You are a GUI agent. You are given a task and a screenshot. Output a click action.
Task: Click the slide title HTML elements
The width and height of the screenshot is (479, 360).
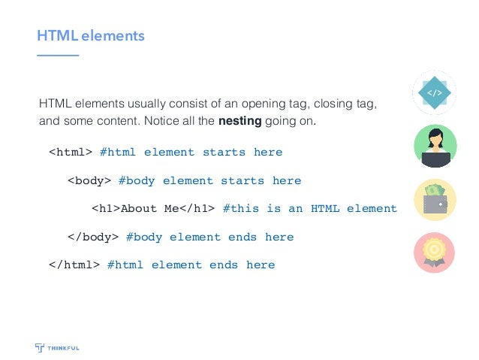pos(91,35)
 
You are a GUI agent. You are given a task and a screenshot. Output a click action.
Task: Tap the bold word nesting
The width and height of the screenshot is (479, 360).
pos(239,120)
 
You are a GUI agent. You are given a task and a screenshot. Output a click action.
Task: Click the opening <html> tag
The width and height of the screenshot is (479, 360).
pos(70,153)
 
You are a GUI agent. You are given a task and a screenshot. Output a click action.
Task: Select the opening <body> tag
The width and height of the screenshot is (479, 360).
pos(89,181)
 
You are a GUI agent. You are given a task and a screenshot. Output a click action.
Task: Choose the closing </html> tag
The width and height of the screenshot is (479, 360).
pos(74,265)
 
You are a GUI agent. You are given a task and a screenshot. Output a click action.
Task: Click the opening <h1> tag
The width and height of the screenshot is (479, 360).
pos(105,209)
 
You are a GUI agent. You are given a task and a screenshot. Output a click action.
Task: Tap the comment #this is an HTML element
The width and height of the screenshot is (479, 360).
pos(309,209)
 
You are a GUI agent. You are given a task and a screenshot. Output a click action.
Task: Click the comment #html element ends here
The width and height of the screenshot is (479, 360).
pos(191,265)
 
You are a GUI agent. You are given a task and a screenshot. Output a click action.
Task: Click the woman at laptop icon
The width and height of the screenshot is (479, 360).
pos(435,146)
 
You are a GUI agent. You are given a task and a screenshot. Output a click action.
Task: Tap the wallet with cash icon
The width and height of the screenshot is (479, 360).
pos(435,201)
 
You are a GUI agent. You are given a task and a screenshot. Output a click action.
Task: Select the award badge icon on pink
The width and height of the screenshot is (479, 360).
pos(435,254)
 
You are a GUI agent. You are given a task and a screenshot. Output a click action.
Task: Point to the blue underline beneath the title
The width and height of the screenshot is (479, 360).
pos(58,56)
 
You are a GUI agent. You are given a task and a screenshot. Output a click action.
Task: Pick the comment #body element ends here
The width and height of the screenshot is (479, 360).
pos(209,237)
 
